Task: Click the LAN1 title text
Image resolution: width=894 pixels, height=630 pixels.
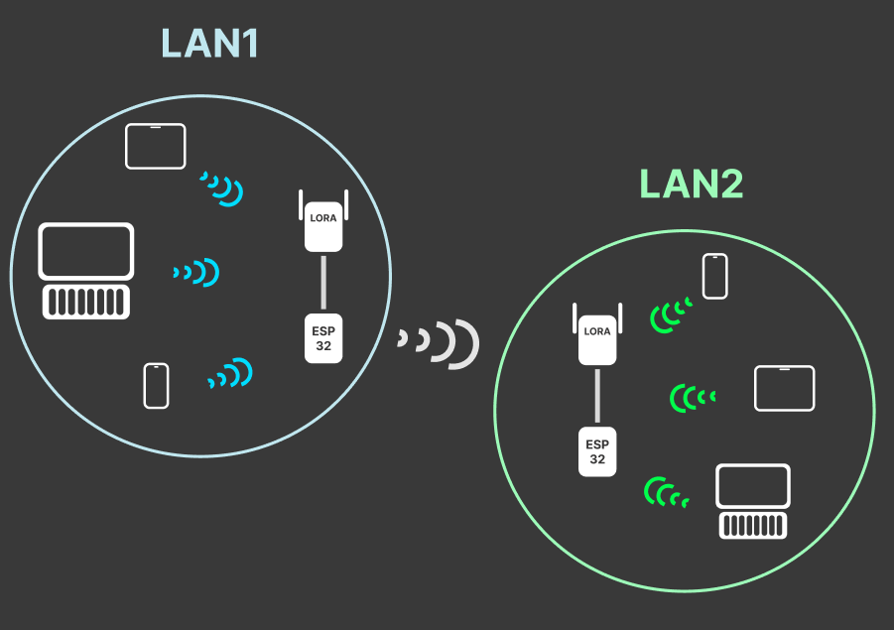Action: click(209, 44)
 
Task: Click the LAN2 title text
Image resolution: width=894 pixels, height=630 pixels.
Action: click(691, 185)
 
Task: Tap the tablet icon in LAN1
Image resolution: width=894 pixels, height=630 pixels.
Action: click(156, 146)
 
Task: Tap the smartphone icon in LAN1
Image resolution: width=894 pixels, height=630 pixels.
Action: click(156, 386)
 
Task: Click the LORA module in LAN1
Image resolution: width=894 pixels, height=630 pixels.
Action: click(323, 219)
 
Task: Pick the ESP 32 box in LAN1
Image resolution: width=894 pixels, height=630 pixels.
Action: click(323, 338)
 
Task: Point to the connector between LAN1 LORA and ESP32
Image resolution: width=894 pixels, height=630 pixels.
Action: click(323, 284)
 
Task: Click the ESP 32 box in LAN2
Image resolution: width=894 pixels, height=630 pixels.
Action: click(597, 452)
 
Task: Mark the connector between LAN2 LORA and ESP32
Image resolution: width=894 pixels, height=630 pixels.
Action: click(597, 397)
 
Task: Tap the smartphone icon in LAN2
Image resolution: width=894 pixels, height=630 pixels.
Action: click(715, 276)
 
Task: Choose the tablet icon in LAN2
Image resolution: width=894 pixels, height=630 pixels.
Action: click(784, 388)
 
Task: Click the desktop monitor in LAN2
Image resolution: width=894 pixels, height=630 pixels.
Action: click(753, 487)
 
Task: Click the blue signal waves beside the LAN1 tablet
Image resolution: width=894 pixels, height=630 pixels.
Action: click(223, 189)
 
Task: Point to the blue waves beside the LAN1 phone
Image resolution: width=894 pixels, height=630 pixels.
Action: click(231, 374)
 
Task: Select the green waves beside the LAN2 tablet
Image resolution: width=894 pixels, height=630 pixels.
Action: click(692, 398)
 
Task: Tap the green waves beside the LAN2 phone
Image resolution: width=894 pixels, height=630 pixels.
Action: click(670, 315)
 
